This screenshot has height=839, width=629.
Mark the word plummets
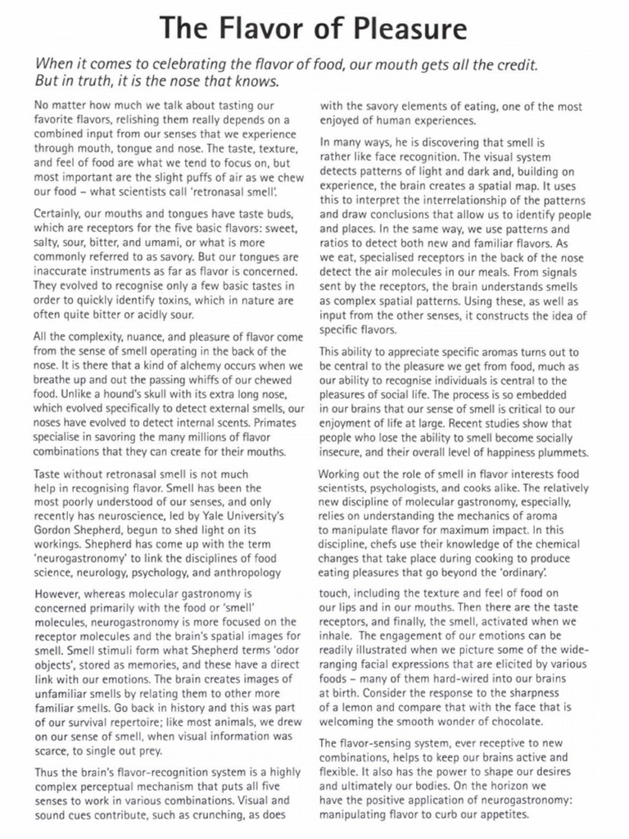click(559, 451)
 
